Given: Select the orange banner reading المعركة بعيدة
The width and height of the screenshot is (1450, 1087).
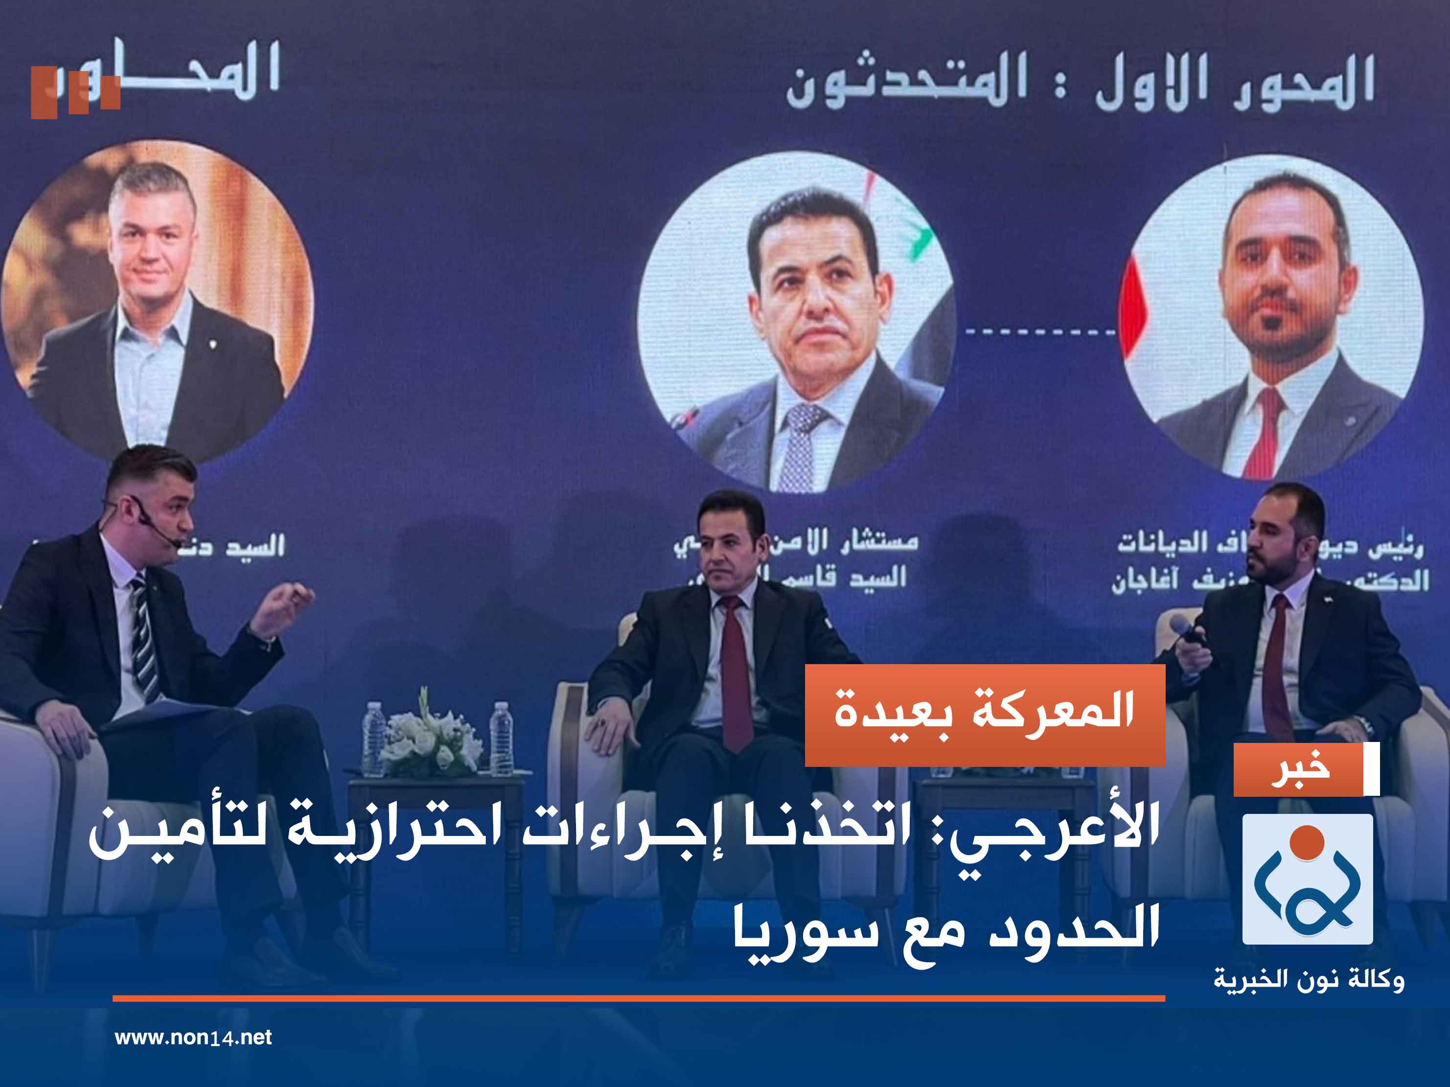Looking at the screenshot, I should pos(985,715).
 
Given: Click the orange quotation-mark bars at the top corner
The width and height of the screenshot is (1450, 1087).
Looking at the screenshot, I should pos(75,92).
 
